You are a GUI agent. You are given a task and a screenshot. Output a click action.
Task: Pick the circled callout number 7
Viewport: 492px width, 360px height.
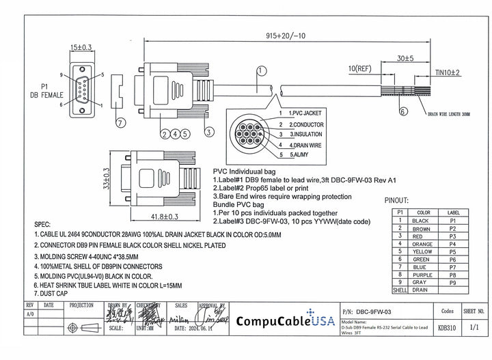(121, 122)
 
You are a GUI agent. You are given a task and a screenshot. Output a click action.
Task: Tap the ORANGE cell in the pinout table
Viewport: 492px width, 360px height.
(423, 244)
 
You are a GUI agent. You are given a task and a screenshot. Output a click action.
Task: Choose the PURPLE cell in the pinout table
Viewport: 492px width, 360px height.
(423, 274)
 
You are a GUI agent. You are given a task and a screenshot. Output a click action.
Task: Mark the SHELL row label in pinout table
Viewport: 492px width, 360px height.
(399, 290)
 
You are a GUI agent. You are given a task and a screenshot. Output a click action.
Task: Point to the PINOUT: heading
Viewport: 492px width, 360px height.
(396, 201)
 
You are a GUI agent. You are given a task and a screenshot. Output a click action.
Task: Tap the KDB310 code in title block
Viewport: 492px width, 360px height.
(447, 327)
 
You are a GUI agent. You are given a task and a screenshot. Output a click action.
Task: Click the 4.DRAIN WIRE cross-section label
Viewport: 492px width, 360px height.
(303, 145)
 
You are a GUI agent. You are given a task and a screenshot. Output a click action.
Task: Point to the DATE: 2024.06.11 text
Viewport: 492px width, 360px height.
(195, 328)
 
